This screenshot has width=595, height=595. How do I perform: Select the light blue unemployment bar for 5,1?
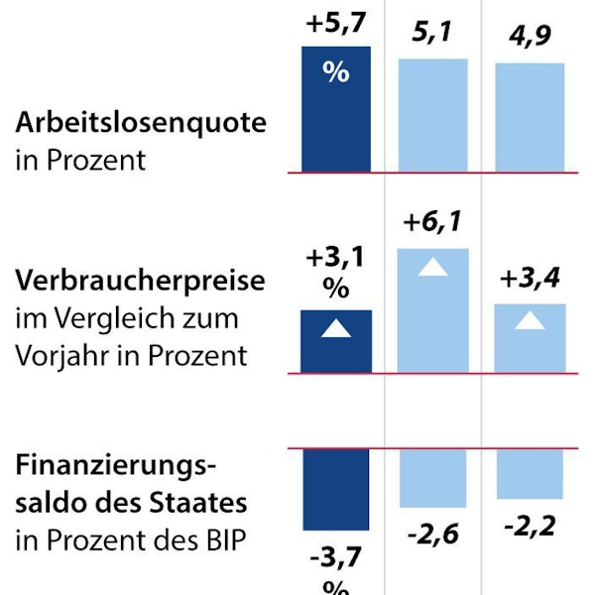pos(432,115)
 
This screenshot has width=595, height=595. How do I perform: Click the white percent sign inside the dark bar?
pos(336,72)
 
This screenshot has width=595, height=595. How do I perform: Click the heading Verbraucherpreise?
pos(141,281)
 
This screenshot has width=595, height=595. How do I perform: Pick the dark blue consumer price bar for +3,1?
pos(336,341)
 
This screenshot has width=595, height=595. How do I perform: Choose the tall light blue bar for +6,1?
pos(432,309)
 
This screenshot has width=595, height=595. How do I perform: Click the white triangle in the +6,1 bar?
pos(432,265)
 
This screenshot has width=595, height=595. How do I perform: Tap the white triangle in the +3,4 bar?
pos(530,319)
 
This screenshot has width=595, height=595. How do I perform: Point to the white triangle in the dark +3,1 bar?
pos(336,328)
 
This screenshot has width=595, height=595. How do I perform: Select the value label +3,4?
pos(530,280)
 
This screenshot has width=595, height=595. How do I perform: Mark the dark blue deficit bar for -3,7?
pos(336,489)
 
